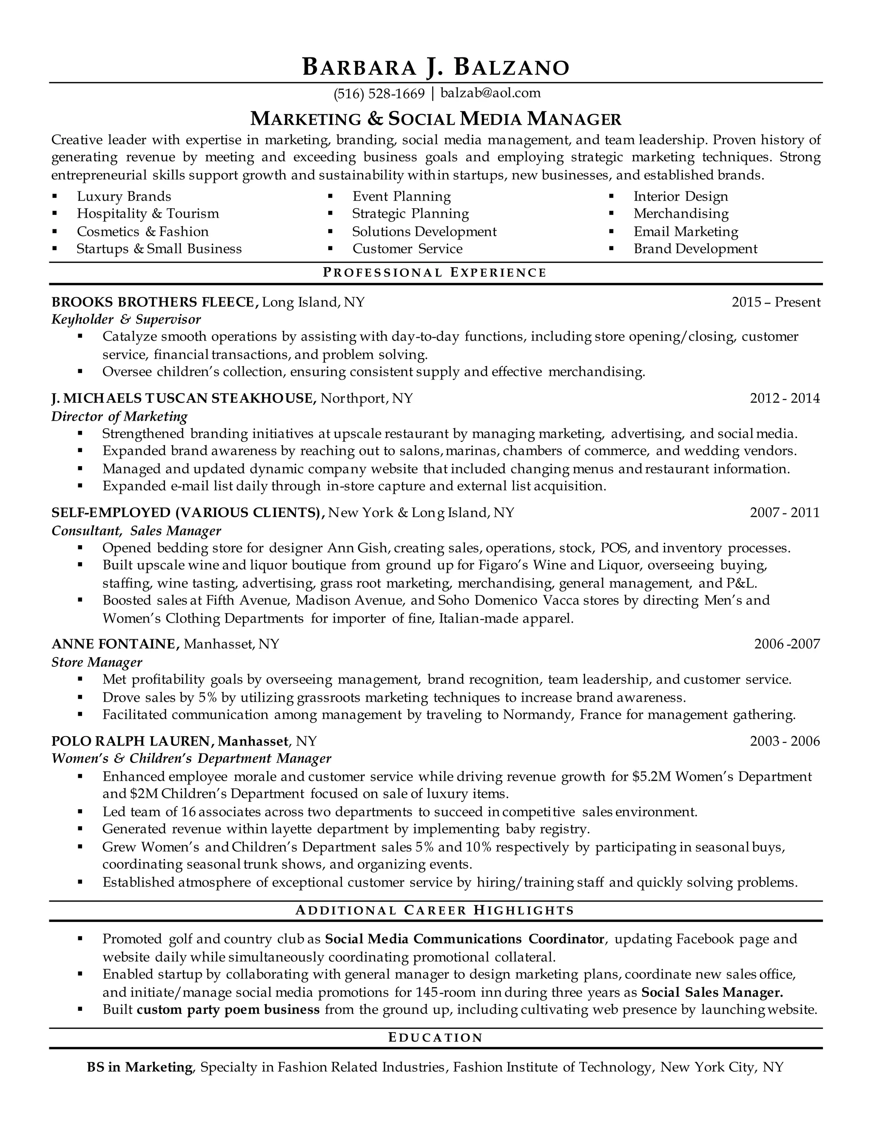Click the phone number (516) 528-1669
click(379, 94)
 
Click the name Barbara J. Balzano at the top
click(435, 68)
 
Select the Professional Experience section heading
click(435, 273)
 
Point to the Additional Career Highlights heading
click(435, 910)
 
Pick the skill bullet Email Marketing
click(686, 231)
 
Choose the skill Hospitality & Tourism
click(148, 213)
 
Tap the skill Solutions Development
click(424, 231)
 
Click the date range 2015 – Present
click(776, 302)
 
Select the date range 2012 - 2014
click(784, 398)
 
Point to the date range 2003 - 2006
click(784, 742)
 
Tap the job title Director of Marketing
click(119, 416)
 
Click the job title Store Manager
click(97, 662)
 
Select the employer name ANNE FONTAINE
click(114, 644)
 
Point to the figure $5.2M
click(650, 776)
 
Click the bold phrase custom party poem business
click(228, 1009)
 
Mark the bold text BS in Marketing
click(140, 1067)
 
